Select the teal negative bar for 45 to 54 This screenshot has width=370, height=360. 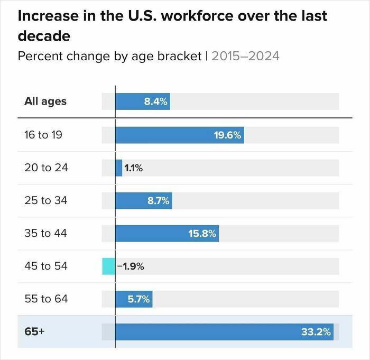coord(108,266)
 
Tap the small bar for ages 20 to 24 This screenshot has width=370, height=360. coord(119,168)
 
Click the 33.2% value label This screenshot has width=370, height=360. coord(316,332)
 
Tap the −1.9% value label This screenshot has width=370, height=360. coord(130,266)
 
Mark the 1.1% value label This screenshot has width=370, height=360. coord(134,168)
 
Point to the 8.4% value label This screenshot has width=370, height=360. coord(156,101)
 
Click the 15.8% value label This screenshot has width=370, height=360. coord(202,233)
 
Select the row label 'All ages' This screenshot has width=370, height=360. coord(45,101)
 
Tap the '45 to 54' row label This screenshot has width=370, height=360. coord(46,266)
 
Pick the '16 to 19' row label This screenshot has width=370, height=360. coord(43,135)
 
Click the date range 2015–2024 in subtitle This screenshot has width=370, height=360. coord(245,56)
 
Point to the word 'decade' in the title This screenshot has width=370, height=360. coord(44,36)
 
